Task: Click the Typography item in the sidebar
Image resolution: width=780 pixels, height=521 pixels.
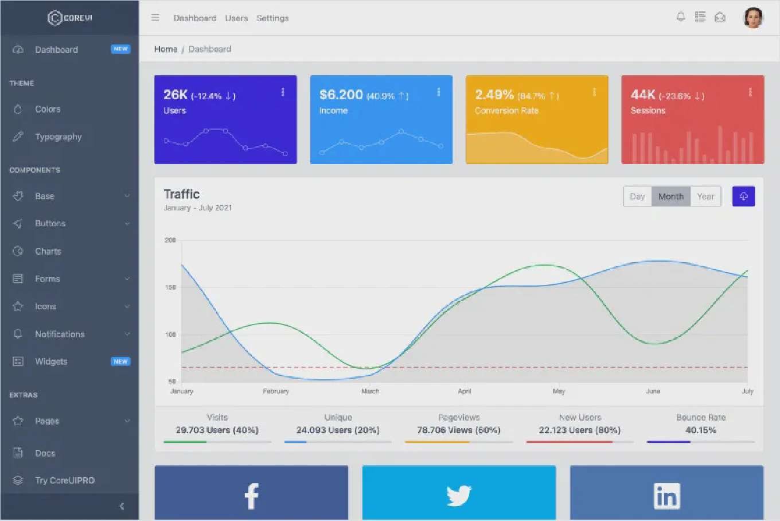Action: tap(58, 137)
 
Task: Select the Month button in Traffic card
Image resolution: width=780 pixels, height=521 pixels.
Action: tap(670, 196)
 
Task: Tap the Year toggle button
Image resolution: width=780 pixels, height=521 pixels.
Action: tap(705, 196)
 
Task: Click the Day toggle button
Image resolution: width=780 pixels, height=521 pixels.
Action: tap(637, 196)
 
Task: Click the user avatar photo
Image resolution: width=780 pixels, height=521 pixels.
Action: tap(753, 18)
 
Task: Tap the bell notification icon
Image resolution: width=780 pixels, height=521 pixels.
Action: tap(681, 17)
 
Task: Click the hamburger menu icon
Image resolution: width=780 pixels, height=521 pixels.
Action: tap(155, 18)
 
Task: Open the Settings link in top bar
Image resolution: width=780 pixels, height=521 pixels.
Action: tap(272, 18)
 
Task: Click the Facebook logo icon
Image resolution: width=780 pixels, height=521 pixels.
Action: tap(251, 496)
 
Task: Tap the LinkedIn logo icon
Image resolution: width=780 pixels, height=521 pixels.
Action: tap(666, 496)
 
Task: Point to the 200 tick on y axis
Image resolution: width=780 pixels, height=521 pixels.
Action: tap(170, 240)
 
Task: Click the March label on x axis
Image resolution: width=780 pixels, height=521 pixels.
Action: tap(370, 391)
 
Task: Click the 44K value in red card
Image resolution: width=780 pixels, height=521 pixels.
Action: tap(642, 95)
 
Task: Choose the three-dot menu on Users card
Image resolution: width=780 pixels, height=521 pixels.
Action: tap(283, 92)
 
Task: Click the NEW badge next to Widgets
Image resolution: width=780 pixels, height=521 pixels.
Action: tap(120, 361)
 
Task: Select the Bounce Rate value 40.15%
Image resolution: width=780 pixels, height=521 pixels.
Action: tap(700, 430)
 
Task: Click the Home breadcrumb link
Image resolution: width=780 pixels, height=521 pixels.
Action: tap(165, 49)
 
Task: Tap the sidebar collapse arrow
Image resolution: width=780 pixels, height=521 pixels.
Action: tap(122, 506)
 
